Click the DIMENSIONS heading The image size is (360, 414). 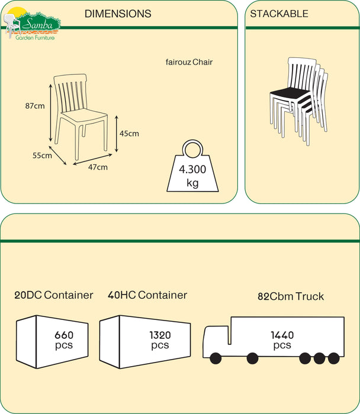click(118, 14)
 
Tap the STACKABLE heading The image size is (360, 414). click(279, 14)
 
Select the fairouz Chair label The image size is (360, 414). click(189, 62)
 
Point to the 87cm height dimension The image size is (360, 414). click(35, 106)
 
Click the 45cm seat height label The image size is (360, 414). click(129, 134)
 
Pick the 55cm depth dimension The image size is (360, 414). click(42, 156)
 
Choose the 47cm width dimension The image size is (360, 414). click(98, 167)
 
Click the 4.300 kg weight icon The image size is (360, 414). click(192, 172)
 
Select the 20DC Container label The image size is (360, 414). click(54, 295)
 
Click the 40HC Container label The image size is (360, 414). click(147, 295)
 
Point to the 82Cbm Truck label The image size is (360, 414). click(291, 296)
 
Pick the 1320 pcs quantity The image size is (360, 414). click(160, 340)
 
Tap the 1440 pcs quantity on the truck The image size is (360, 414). click(282, 340)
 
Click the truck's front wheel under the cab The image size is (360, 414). click(214, 358)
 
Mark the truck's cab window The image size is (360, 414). click(215, 336)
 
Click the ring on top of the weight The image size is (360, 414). click(192, 148)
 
